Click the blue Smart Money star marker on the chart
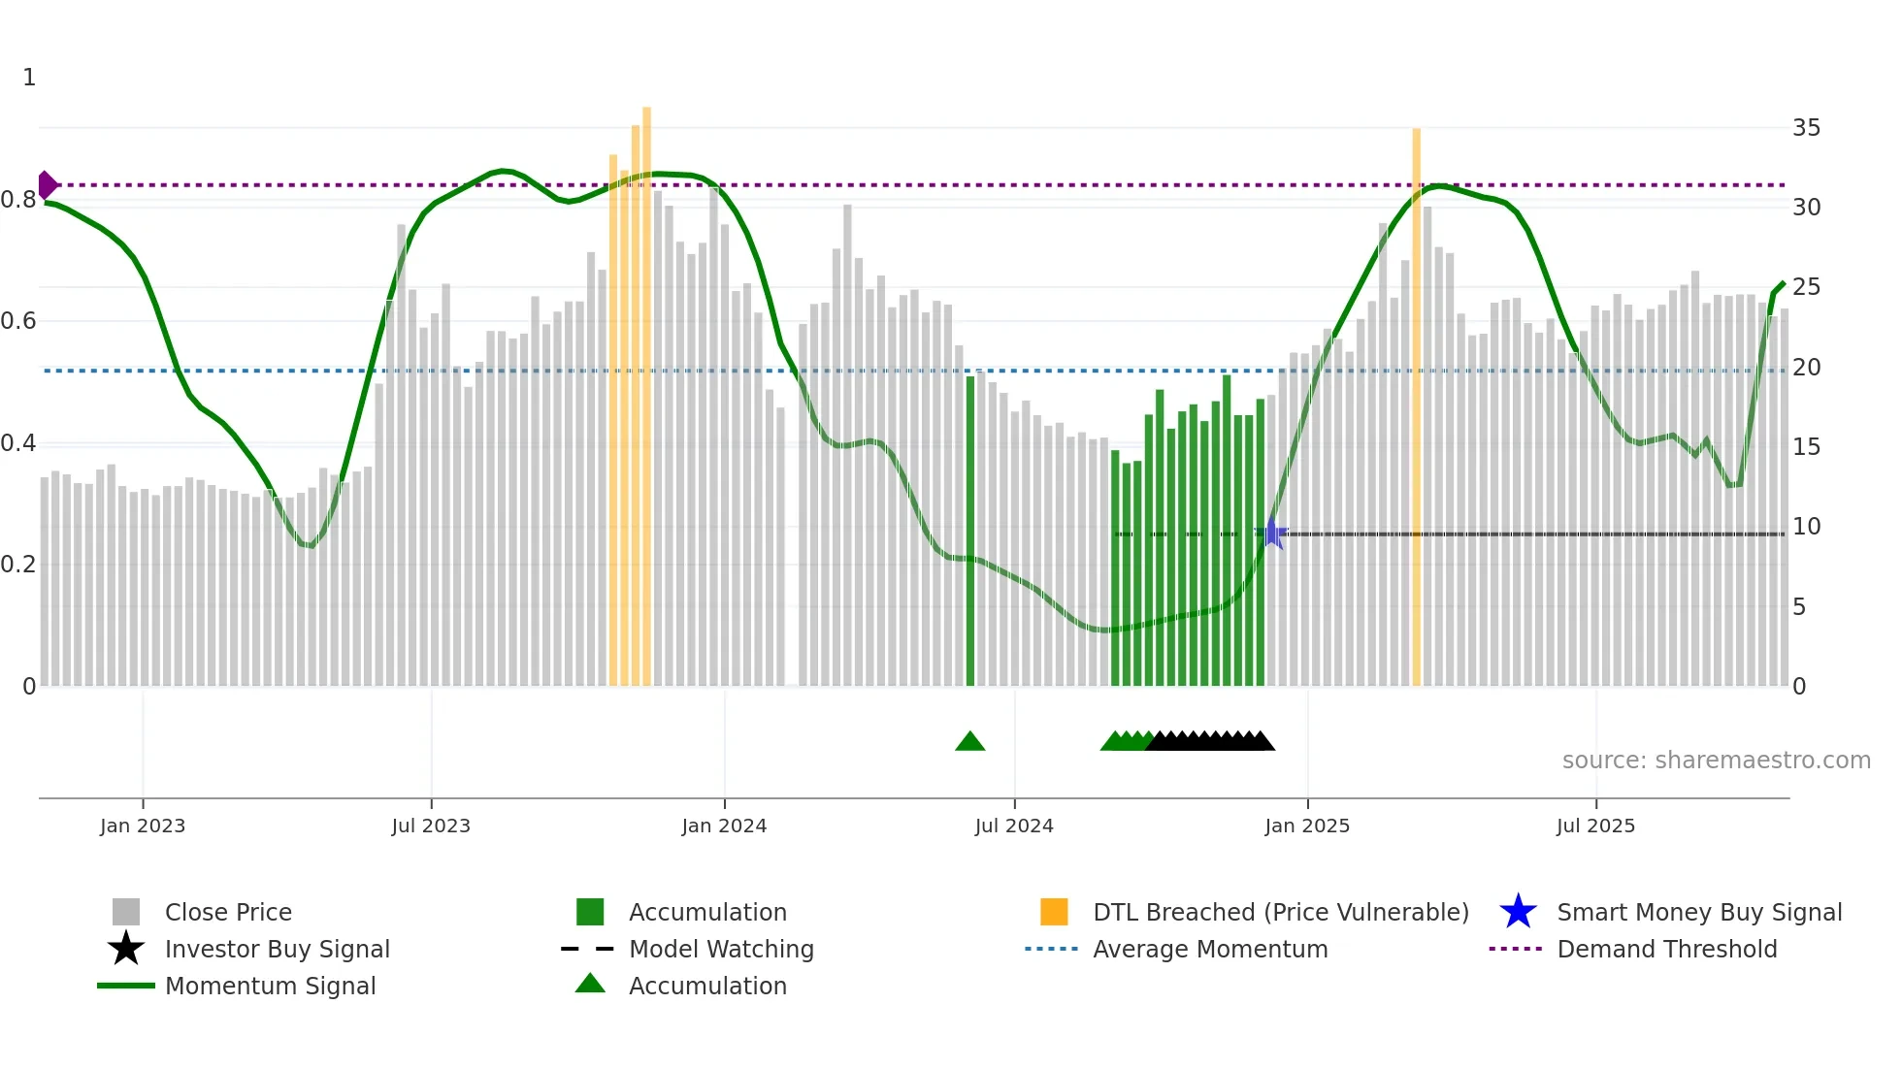(1271, 534)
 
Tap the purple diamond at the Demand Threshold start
(47, 184)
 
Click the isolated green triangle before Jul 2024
(969, 742)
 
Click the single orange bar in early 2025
(1416, 407)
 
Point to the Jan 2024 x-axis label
(724, 826)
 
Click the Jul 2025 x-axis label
(1595, 826)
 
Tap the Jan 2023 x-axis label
(143, 826)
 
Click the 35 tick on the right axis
(1806, 128)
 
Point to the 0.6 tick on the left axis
(18, 321)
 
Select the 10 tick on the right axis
(1806, 527)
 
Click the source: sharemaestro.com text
(1716, 761)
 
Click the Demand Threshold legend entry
(1666, 949)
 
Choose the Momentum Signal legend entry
(270, 986)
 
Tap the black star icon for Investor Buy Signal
(126, 949)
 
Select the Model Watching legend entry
(721, 949)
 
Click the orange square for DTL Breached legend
(1054, 912)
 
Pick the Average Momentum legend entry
(1210, 949)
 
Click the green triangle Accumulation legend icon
(590, 984)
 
